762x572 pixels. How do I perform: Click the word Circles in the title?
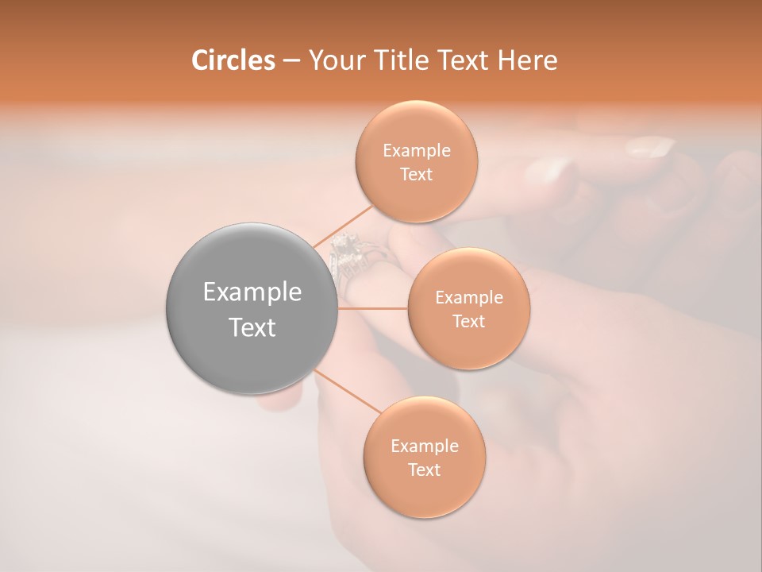coord(233,60)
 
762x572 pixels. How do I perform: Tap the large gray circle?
coord(252,308)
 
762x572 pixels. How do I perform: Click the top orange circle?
coord(416,161)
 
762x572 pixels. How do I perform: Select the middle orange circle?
coord(468,308)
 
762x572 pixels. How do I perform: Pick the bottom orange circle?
coord(424,457)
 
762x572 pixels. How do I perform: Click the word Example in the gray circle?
coord(252,292)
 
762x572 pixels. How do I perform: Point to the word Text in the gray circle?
coord(252,327)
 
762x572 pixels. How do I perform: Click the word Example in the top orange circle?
coord(417,151)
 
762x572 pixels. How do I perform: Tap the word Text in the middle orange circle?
coord(468,321)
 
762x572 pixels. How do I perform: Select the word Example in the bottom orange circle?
coord(425,446)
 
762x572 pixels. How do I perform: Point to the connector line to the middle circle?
coord(373,308)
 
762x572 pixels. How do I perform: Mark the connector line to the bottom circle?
coord(341,390)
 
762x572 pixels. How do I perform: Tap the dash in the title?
coord(291,60)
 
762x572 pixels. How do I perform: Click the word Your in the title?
coord(332,60)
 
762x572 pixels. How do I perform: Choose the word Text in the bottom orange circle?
coord(424,470)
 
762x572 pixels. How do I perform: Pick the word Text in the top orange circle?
coord(416,174)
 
